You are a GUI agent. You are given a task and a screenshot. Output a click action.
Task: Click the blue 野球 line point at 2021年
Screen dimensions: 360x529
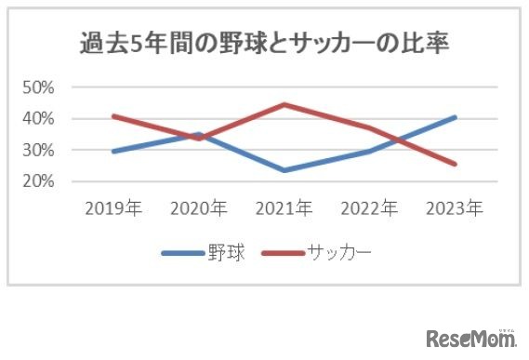pos(284,170)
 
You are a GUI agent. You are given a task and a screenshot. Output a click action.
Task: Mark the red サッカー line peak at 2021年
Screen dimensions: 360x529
pos(284,104)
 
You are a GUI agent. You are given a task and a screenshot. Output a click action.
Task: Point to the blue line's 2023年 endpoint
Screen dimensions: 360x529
pos(455,117)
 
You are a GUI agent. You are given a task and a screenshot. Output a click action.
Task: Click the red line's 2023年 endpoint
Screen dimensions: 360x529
pos(455,164)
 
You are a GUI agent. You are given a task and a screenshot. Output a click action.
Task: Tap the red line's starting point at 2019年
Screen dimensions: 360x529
pos(112,116)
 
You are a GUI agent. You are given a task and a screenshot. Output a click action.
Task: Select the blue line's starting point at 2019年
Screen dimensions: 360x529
pos(112,151)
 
